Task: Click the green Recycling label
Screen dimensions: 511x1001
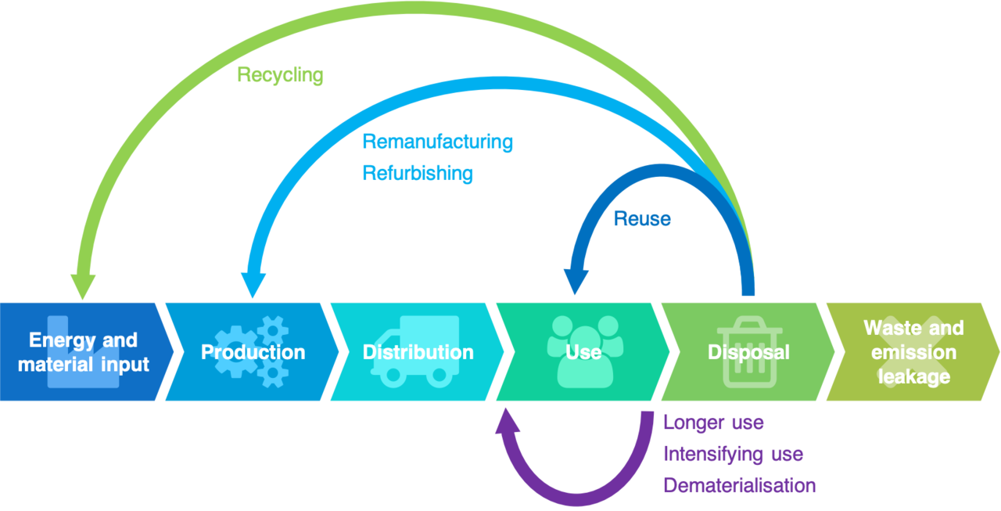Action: point(280,75)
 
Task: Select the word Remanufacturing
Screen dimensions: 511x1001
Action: point(437,142)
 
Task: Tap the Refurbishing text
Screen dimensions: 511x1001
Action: point(418,173)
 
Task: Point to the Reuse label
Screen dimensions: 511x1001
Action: point(642,219)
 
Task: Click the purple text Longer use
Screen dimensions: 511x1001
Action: point(713,423)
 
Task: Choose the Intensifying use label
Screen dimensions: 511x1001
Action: point(733,454)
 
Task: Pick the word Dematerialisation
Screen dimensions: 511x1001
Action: point(739,485)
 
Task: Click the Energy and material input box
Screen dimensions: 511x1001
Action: point(83,352)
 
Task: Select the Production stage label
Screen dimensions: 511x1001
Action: point(253,352)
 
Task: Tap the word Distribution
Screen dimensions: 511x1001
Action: point(418,352)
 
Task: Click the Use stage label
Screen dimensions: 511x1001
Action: point(583,352)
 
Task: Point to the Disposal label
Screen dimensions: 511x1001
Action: point(748,352)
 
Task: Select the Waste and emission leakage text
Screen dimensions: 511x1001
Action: point(913,352)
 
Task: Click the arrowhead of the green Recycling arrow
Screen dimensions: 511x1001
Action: point(83,286)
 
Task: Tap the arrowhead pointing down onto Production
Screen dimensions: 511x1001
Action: point(251,285)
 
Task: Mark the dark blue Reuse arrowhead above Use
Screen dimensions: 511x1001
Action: point(575,282)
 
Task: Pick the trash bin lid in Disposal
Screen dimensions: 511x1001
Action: point(749,323)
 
